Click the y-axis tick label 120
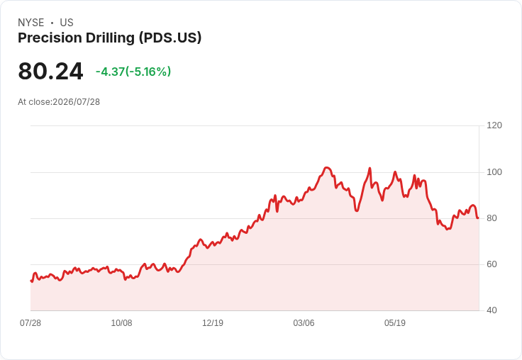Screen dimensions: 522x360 click(494, 125)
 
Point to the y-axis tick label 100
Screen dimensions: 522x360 click(494, 172)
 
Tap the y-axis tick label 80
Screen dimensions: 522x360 click(492, 218)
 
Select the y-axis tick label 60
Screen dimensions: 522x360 click(492, 264)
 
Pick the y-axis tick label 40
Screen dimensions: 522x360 click(492, 310)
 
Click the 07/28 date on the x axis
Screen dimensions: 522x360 click(30, 323)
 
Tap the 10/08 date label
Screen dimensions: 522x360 click(121, 323)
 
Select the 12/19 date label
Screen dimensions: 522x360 click(213, 323)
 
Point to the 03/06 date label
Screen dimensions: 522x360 click(304, 323)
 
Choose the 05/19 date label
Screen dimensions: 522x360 click(395, 323)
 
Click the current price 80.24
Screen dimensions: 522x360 click(50, 71)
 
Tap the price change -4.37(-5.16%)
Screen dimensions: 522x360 click(133, 72)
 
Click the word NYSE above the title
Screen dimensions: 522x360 click(31, 23)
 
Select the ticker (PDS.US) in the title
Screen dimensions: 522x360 click(170, 38)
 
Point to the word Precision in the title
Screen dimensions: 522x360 click(50, 38)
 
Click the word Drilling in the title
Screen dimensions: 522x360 click(110, 38)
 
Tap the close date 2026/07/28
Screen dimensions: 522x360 click(76, 102)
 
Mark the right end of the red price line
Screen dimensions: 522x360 click(478, 218)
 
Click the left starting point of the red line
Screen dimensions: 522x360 click(30, 281)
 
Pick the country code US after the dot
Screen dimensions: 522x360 click(67, 23)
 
